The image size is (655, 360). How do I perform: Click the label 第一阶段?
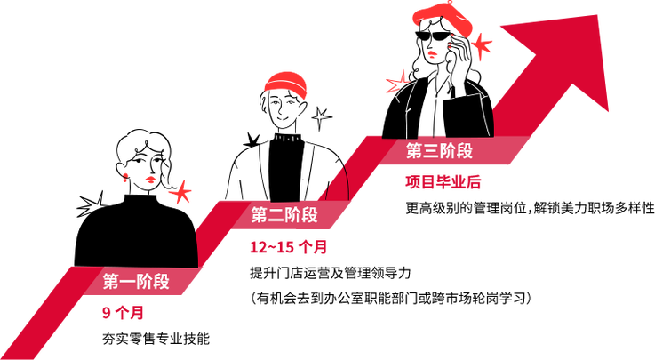pyautogui.click(x=136, y=283)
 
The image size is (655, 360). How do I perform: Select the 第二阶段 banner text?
pyautogui.click(x=284, y=214)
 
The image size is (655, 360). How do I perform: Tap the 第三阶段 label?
pyautogui.click(x=439, y=151)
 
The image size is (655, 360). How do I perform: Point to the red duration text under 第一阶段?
pyautogui.click(x=123, y=313)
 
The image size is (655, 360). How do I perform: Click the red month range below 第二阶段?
pyautogui.click(x=287, y=246)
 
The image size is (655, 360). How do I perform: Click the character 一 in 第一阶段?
pyautogui.click(x=128, y=283)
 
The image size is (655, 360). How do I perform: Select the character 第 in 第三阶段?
pyautogui.click(x=414, y=151)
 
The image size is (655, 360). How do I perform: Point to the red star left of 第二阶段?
pyautogui.click(x=180, y=190)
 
